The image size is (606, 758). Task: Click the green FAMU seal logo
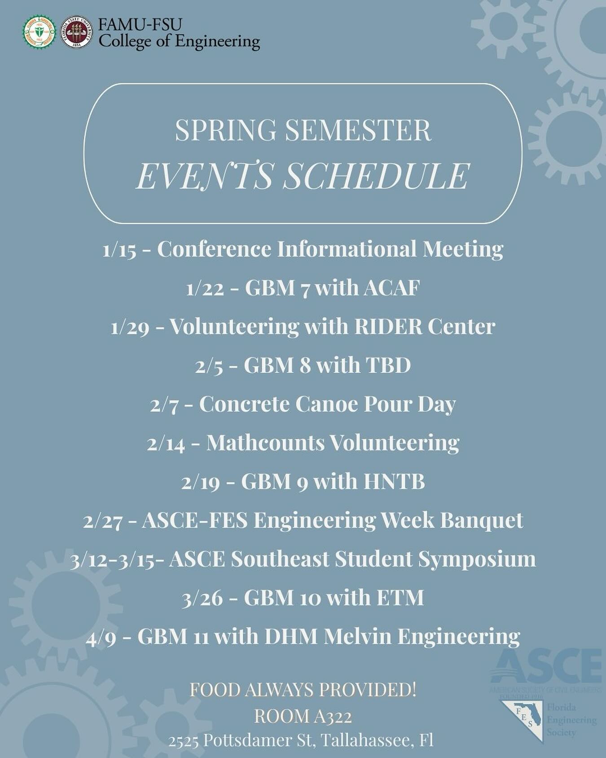coord(40,32)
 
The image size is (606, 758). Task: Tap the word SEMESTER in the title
coord(358,130)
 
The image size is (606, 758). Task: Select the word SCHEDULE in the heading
coord(376,176)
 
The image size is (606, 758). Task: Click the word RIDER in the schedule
coord(388,326)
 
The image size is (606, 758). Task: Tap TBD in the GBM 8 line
coord(388,365)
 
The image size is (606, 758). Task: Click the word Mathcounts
coord(265,443)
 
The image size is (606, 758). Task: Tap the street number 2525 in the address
coord(184,740)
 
